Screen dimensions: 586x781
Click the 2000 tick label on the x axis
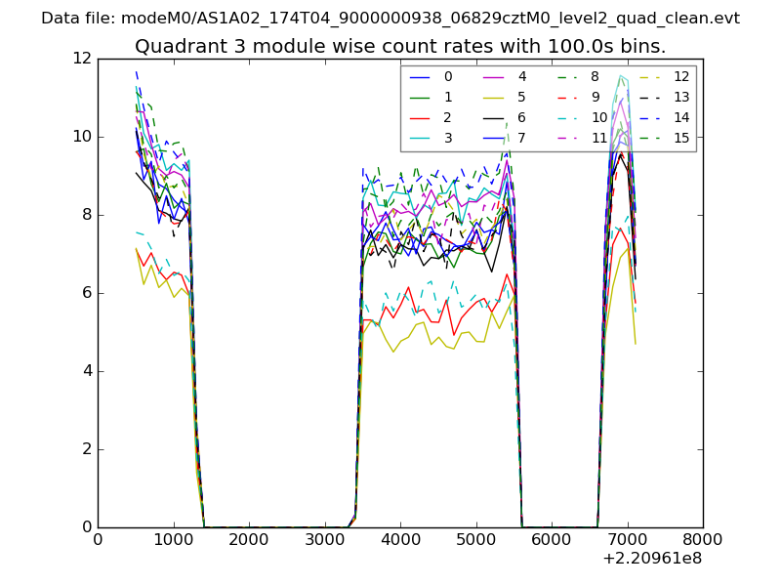click(x=249, y=539)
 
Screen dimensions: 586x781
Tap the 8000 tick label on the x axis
click(x=703, y=539)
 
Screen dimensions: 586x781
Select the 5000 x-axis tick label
click(x=475, y=539)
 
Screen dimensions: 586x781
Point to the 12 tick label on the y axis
click(x=82, y=59)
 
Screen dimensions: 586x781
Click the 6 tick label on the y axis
click(x=86, y=293)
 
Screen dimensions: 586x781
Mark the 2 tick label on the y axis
click(x=86, y=449)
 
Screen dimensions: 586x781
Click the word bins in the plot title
click(x=644, y=47)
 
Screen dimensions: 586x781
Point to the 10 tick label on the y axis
click(x=82, y=137)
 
